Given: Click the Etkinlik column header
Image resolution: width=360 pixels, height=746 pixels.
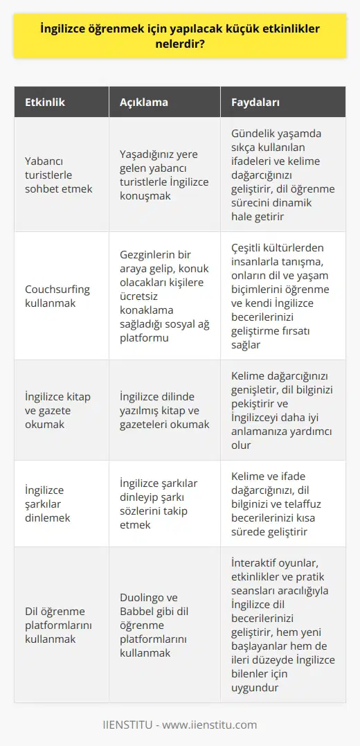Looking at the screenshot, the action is tap(46, 103).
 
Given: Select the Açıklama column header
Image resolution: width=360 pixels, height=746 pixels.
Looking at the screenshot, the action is tap(145, 103).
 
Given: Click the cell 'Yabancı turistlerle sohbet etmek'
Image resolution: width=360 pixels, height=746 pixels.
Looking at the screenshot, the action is tap(58, 175).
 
